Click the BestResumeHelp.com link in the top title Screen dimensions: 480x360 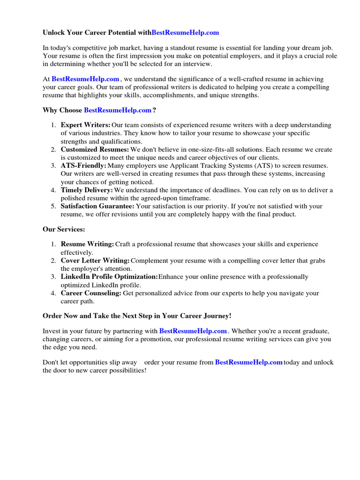[x=185, y=33]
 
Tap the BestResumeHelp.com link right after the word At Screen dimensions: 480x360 [x=85, y=79]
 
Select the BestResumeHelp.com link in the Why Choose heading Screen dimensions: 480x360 [x=118, y=110]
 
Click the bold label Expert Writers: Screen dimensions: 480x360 [x=85, y=125]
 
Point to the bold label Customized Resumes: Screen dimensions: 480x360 [x=95, y=150]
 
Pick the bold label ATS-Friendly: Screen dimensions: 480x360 [x=83, y=165]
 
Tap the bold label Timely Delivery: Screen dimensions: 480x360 [x=87, y=190]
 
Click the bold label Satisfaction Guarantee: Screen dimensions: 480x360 [x=97, y=206]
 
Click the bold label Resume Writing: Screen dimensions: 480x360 [x=87, y=244]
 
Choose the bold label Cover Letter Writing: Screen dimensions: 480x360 [x=95, y=261]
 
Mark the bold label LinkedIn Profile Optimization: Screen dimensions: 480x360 [x=109, y=277]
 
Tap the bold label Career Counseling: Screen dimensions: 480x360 [x=91, y=293]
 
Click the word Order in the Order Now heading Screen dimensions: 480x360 [x=52, y=315]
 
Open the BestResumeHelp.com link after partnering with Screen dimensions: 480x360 [x=193, y=331]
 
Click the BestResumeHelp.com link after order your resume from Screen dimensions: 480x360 [x=248, y=362]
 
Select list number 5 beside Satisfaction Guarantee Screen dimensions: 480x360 [x=53, y=206]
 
